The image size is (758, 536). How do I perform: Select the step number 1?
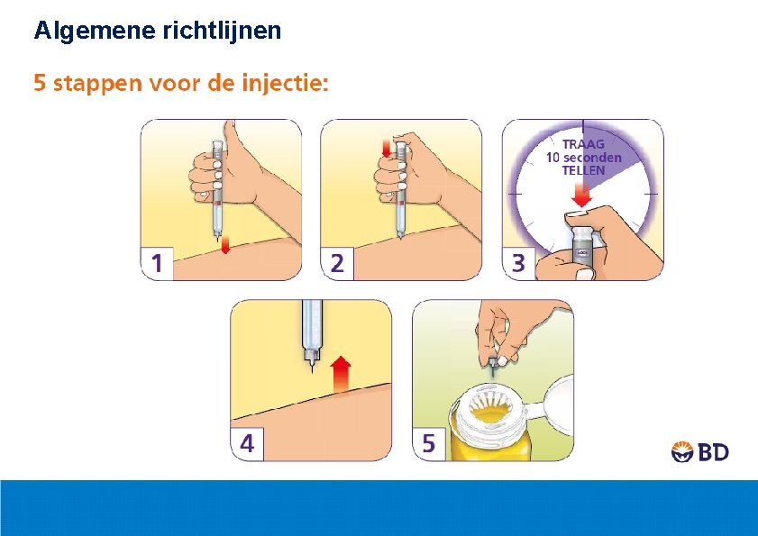coord(157,264)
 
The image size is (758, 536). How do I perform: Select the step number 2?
coord(337,264)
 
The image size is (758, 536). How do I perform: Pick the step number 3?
coord(518,264)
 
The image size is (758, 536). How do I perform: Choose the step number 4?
coord(247,444)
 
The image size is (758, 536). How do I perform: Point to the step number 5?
coord(428,444)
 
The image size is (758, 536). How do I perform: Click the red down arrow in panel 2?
coord(387,148)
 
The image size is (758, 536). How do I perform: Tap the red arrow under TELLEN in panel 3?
coord(582,195)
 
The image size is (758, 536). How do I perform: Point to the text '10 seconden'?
coord(584,157)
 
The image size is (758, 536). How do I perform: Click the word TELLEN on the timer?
coord(584,169)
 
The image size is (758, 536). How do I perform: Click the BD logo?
coord(700,452)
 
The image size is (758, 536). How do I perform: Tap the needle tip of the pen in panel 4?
coord(312,368)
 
